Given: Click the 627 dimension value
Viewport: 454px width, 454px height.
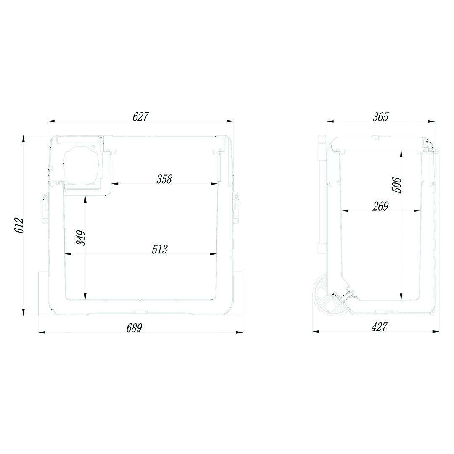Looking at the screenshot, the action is pyautogui.click(x=140, y=116).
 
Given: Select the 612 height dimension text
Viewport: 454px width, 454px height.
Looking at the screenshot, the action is pyautogui.click(x=18, y=226).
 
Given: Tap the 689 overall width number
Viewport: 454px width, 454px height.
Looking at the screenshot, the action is pyautogui.click(x=134, y=328).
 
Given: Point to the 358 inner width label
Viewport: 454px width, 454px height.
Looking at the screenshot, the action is pyautogui.click(x=164, y=179).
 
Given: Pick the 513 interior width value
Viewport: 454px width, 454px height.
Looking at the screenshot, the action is pyautogui.click(x=160, y=249).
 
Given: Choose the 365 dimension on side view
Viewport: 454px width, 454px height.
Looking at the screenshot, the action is pyautogui.click(x=380, y=117).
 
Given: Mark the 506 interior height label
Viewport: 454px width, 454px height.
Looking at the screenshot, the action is pyautogui.click(x=397, y=185).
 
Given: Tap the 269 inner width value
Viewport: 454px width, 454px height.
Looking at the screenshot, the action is pyautogui.click(x=380, y=206).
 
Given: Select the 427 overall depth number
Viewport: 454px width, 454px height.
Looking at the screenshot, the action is pyautogui.click(x=379, y=327).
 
